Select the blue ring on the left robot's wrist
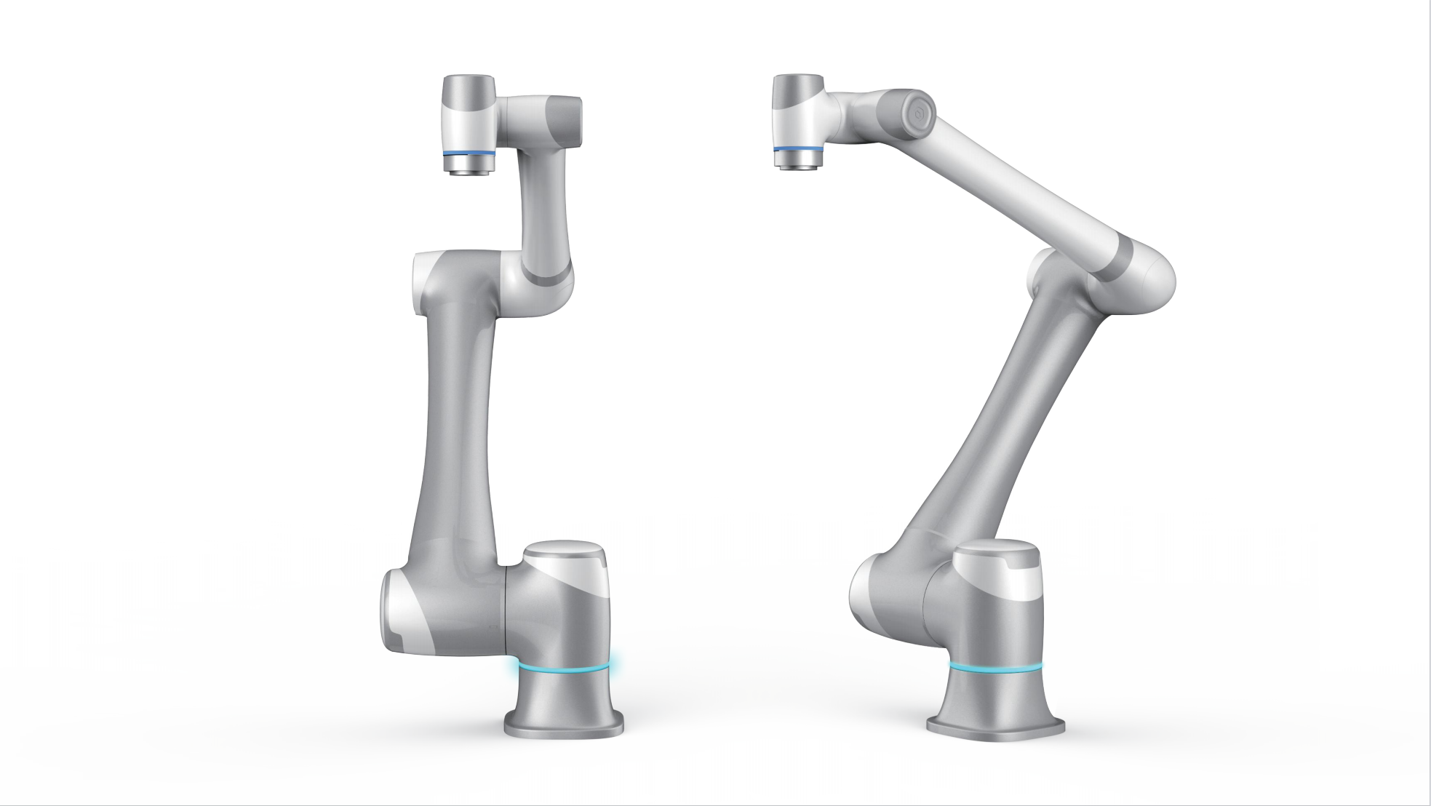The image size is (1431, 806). click(x=469, y=153)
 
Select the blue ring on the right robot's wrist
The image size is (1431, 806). click(x=798, y=149)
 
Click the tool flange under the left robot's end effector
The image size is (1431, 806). click(x=469, y=167)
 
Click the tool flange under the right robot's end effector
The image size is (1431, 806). click(x=797, y=162)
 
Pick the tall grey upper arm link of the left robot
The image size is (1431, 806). click(x=455, y=436)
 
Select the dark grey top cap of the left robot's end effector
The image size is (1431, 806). click(x=469, y=91)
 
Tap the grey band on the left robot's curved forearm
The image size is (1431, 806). click(x=549, y=276)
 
